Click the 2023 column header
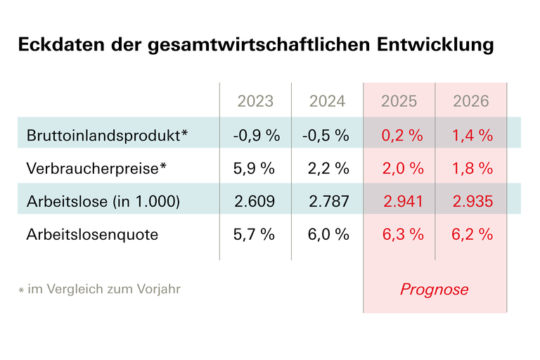255,101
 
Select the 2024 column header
327,101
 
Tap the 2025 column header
399,101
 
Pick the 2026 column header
470,101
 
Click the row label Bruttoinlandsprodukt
108,135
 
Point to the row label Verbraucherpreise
99,168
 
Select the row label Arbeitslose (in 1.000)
103,202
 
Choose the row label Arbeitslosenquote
92,235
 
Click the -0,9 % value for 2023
256,135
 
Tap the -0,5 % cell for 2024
326,135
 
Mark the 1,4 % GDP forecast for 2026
472,135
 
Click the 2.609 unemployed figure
255,202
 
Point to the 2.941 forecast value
404,202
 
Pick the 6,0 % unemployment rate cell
328,235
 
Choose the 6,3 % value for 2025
402,235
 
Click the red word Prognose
434,290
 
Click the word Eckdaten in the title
57,46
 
